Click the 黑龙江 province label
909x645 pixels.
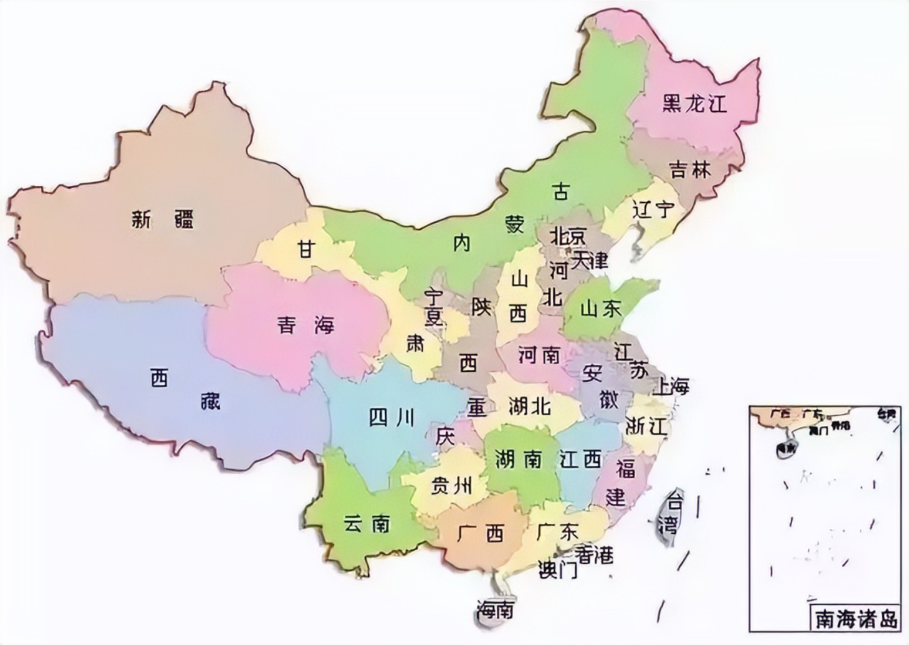click(x=695, y=104)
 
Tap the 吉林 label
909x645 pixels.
click(x=690, y=170)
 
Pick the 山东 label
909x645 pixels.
click(x=600, y=309)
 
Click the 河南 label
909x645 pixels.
click(x=539, y=354)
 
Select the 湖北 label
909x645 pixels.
click(x=529, y=406)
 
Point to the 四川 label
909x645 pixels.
click(x=391, y=418)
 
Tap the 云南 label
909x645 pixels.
click(x=366, y=524)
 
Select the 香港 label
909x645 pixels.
click(x=594, y=554)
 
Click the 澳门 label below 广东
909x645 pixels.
click(x=557, y=570)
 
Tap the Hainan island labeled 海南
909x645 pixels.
click(x=496, y=609)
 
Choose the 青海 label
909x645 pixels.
click(x=305, y=326)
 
